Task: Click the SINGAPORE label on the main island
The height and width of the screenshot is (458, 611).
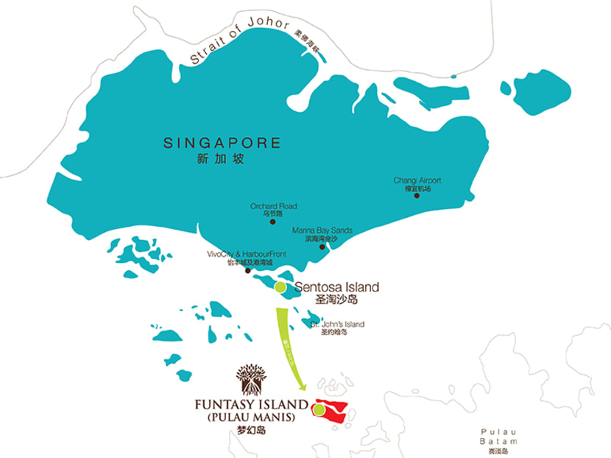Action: [x=222, y=142]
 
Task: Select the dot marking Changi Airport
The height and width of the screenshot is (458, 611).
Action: [x=417, y=196]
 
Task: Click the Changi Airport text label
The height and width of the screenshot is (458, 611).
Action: [x=417, y=180]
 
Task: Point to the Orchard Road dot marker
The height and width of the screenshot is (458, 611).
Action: [x=272, y=222]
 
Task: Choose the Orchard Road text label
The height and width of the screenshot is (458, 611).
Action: [x=273, y=207]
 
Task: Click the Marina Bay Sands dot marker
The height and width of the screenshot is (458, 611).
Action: [x=322, y=247]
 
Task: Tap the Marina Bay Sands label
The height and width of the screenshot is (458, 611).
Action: [x=322, y=230]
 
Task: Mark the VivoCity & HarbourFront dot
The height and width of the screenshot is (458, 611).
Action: [x=247, y=271]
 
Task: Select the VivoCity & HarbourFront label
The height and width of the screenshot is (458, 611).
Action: [x=250, y=254]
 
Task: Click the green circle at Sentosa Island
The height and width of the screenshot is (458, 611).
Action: [x=280, y=287]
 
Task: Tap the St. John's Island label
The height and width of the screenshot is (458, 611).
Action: [x=339, y=324]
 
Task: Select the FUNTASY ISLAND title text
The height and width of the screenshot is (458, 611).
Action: [x=251, y=404]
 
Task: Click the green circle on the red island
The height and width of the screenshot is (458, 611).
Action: [x=319, y=409]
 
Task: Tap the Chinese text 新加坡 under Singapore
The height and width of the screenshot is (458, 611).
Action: [x=221, y=158]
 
